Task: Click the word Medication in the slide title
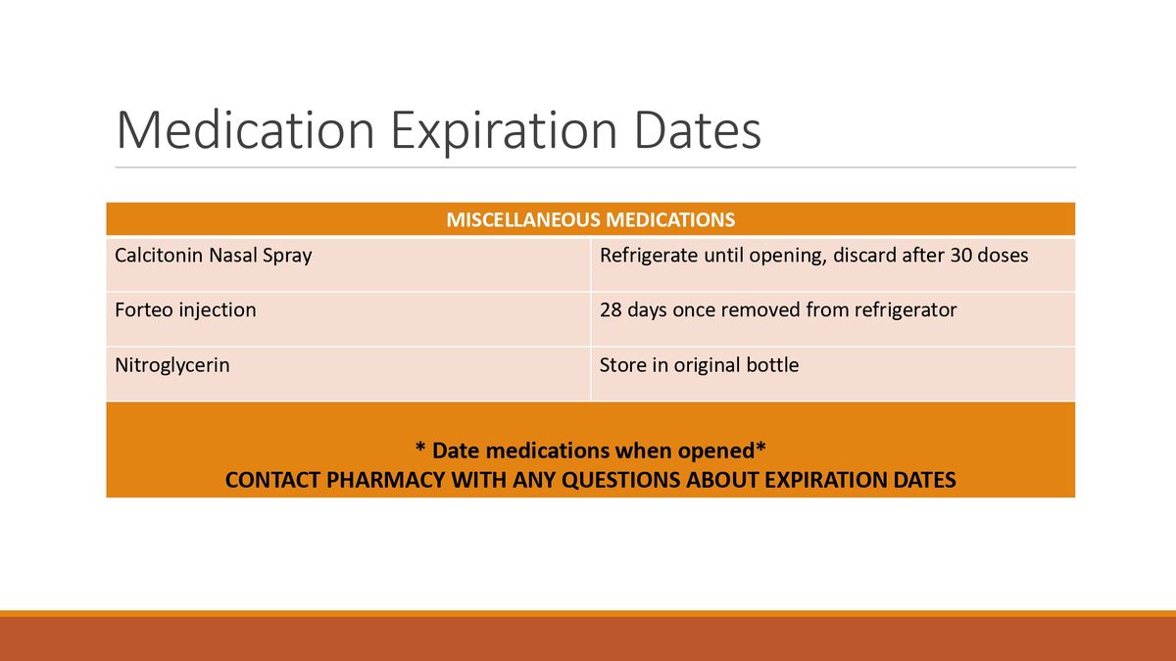(245, 131)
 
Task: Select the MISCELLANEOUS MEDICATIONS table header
(590, 219)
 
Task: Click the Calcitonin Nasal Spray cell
(213, 257)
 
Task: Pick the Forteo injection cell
(185, 310)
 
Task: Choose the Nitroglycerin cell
(172, 365)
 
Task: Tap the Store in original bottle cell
(699, 365)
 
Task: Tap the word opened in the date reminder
(716, 450)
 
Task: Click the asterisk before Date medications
(420, 449)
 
